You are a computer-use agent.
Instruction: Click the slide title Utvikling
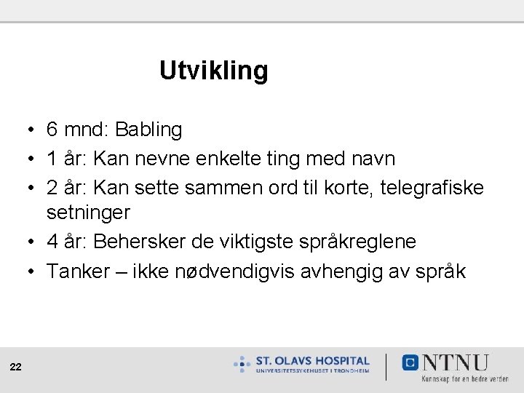(x=213, y=71)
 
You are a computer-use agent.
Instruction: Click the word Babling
(x=148, y=130)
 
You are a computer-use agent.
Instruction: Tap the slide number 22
(x=16, y=368)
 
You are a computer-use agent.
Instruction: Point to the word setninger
(x=88, y=213)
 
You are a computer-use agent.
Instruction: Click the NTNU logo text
(x=455, y=362)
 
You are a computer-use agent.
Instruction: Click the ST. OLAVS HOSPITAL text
(x=313, y=360)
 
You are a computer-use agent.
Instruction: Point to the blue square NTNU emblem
(x=411, y=362)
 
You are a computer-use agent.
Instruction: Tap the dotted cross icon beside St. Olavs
(x=242, y=363)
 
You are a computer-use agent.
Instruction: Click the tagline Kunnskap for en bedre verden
(x=464, y=378)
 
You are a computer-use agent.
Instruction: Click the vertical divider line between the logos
(x=386, y=366)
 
